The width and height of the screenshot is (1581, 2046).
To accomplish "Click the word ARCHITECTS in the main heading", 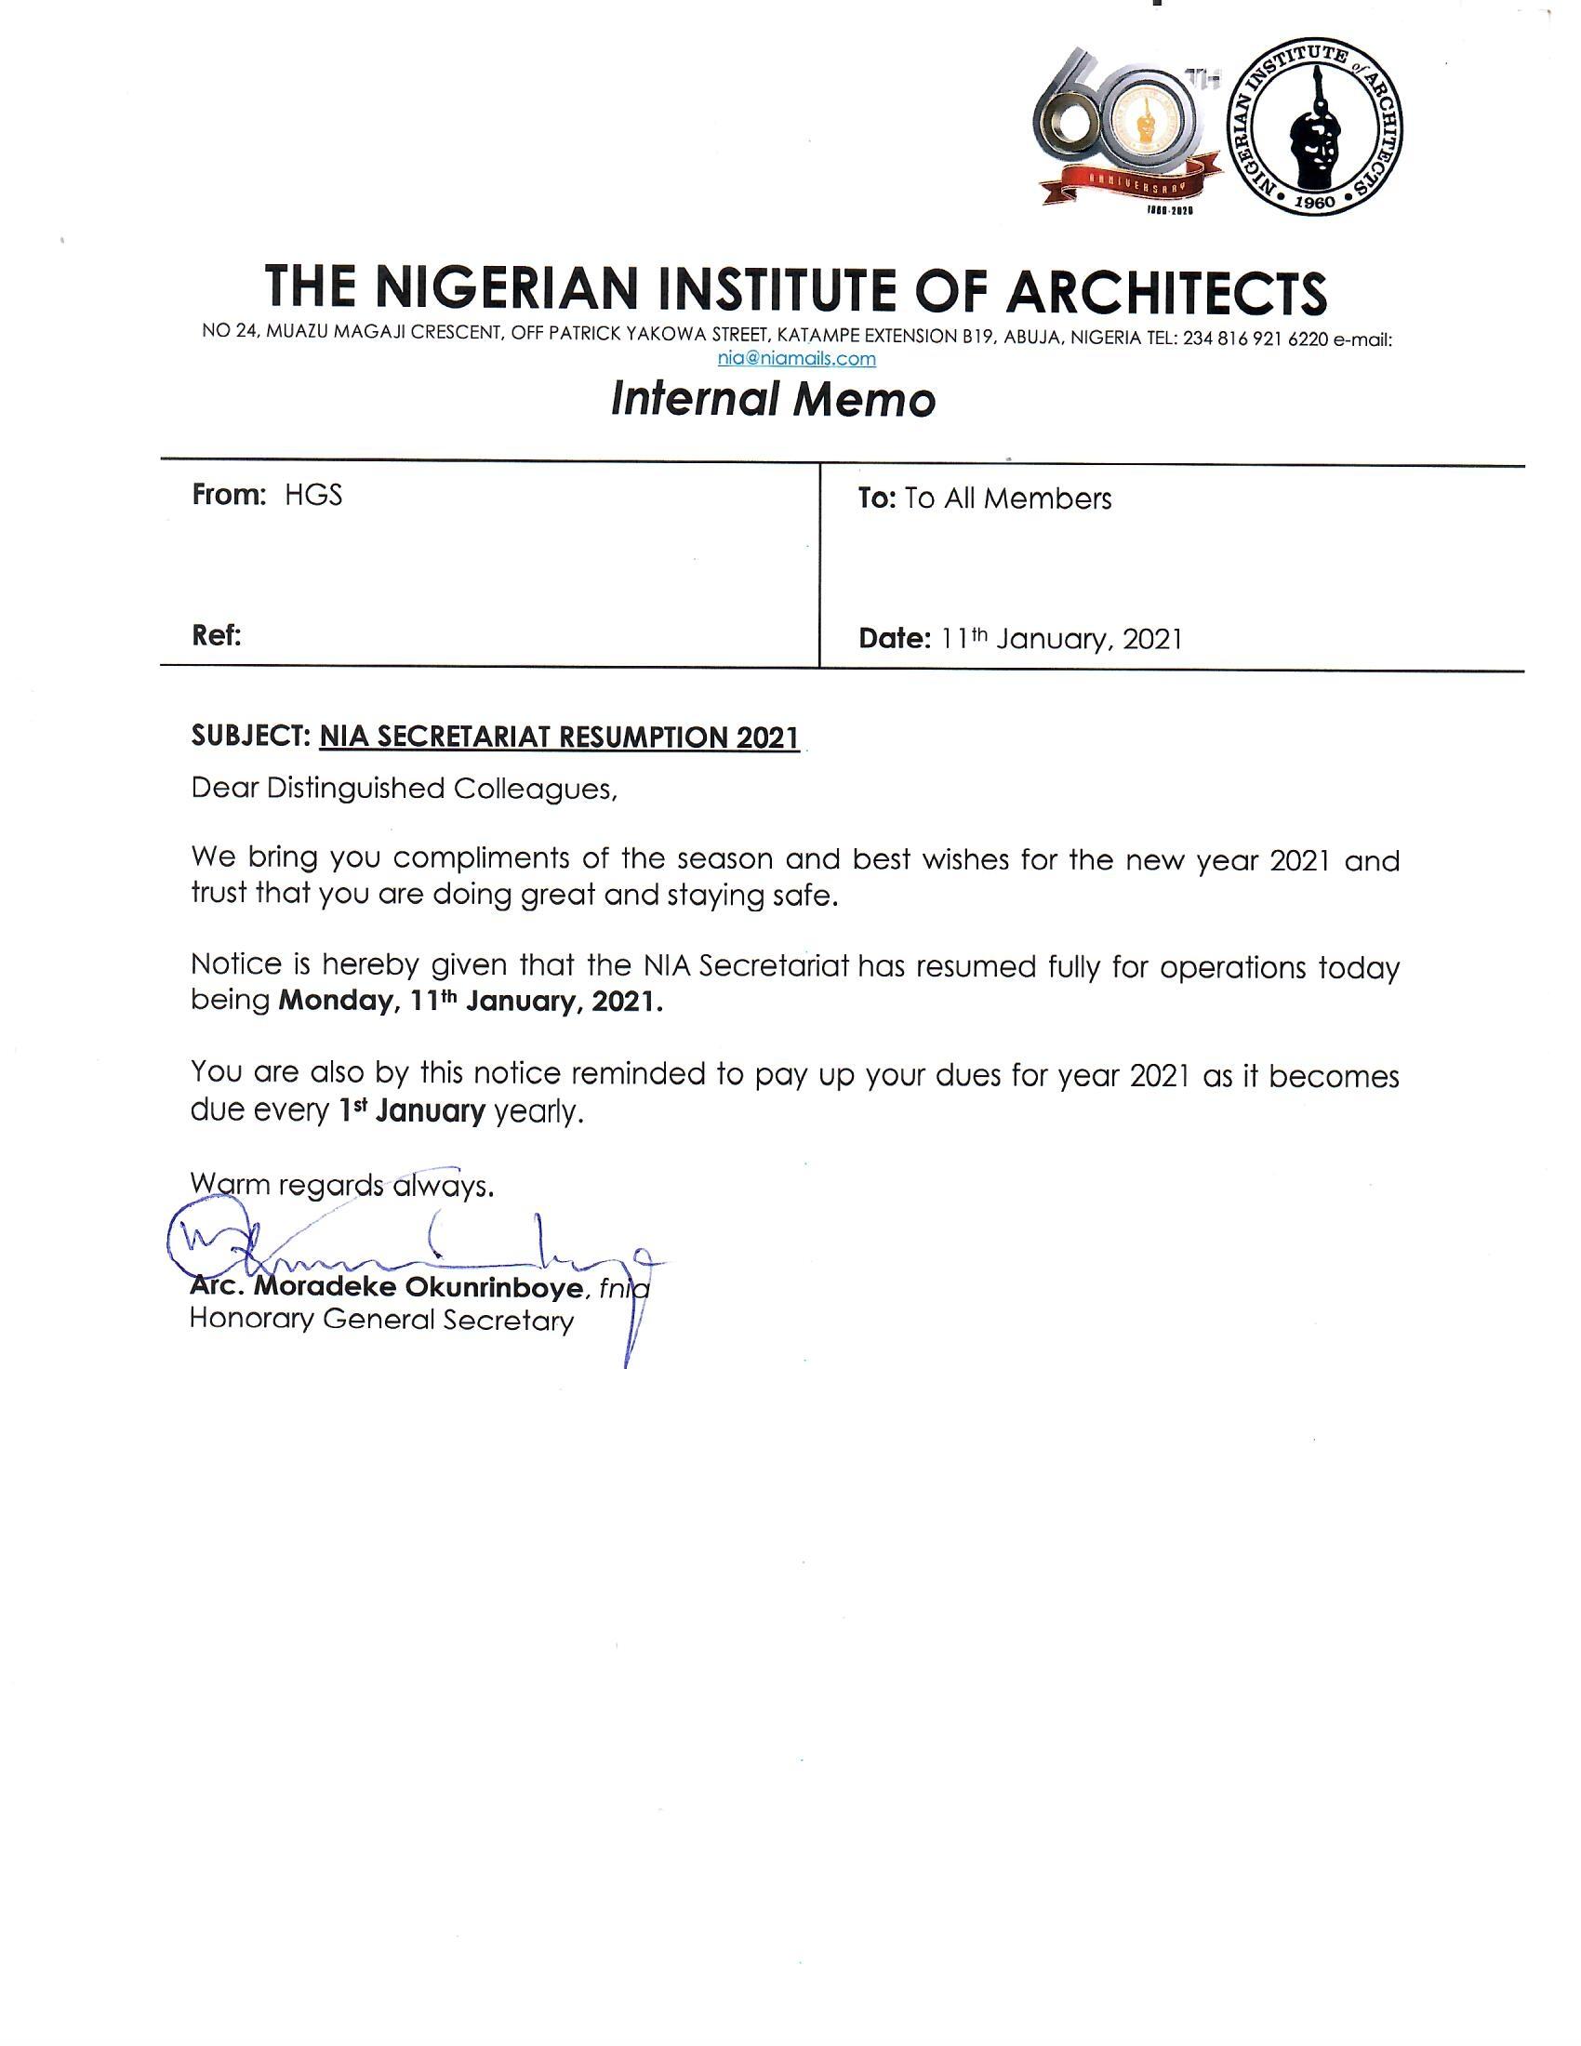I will coord(1166,289).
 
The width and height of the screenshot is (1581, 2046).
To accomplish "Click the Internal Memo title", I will coord(773,400).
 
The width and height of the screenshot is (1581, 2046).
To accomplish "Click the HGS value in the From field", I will coord(313,495).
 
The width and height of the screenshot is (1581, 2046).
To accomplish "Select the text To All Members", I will coord(1008,498).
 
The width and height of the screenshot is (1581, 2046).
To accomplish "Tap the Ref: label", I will coord(217,636).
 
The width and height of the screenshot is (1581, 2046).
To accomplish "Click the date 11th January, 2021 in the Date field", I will coord(1061,639).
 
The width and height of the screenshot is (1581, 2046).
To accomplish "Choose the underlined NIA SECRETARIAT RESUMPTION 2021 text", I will coord(559,737).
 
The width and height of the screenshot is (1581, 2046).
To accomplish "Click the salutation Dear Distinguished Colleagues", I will coord(404,789).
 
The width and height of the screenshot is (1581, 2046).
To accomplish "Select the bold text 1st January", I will coord(412,1111).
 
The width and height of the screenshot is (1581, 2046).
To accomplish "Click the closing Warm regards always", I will coord(341,1185).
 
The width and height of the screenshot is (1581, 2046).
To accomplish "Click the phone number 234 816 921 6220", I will coord(1255,339).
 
